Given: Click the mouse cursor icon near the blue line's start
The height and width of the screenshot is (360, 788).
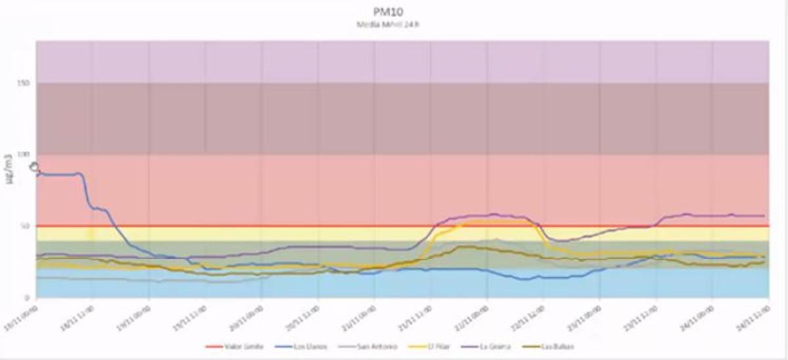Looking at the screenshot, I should click(x=34, y=168).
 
